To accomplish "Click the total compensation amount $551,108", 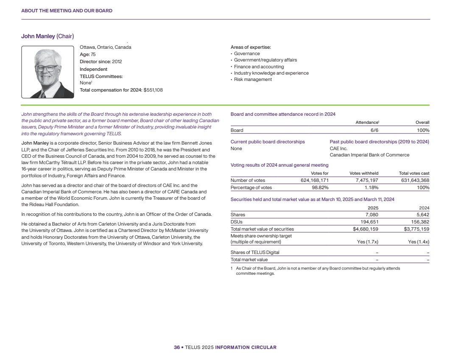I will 153,90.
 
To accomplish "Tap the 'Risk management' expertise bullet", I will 253,80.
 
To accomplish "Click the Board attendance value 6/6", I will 374,130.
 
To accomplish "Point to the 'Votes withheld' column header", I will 364,173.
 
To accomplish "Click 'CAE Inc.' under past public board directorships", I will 338,148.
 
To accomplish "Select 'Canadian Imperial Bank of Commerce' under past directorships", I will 369,155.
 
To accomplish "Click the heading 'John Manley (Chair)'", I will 47,36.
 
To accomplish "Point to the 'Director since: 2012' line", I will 101,61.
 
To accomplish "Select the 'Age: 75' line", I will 88,54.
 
